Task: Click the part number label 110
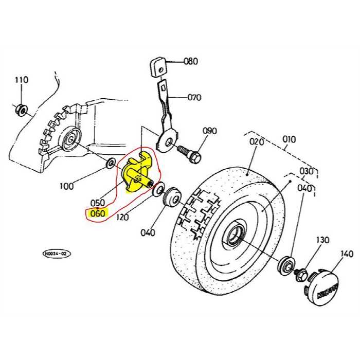(22, 80)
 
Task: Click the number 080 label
(190, 61)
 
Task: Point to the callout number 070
(194, 97)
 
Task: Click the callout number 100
(66, 186)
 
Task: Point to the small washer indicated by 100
(110, 164)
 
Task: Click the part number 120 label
(122, 218)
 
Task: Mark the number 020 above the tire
(256, 141)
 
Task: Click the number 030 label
(307, 171)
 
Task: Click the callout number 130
(322, 240)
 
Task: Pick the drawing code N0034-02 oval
(56, 253)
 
